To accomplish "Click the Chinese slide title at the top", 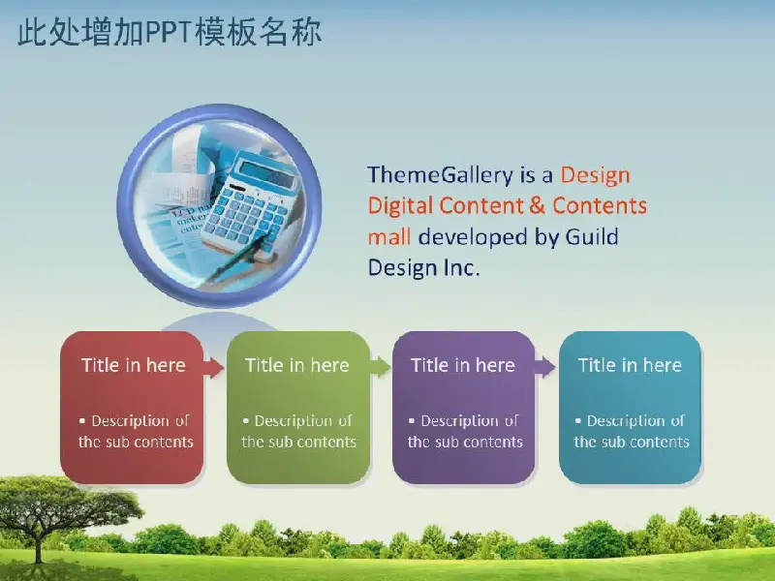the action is point(170,32).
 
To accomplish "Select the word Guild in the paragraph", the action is point(592,236).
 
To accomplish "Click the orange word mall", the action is point(389,236).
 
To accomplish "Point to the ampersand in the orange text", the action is point(538,205).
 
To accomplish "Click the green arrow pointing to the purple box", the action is point(380,368).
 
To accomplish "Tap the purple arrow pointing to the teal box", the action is point(544,368).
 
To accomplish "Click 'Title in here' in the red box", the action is point(134,365).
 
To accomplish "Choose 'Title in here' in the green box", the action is point(297,365).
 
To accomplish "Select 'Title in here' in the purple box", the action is point(463,365).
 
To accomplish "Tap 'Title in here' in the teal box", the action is point(631,365).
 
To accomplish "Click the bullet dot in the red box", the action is point(82,421).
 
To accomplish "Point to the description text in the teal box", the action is point(632,431).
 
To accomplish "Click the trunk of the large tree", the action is point(39,549).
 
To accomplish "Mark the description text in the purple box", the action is point(465,431).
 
